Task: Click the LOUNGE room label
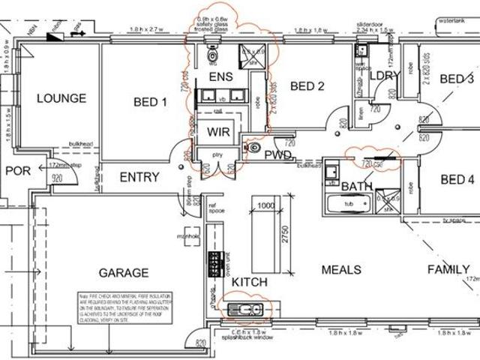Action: click(61, 98)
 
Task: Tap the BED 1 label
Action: click(150, 102)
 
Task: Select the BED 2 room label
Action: click(306, 86)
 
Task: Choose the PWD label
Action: click(277, 155)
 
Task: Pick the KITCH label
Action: click(248, 281)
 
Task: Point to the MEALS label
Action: click(341, 269)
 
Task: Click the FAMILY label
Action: click(448, 269)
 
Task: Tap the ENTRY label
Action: click(139, 177)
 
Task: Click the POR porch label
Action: click(17, 171)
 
